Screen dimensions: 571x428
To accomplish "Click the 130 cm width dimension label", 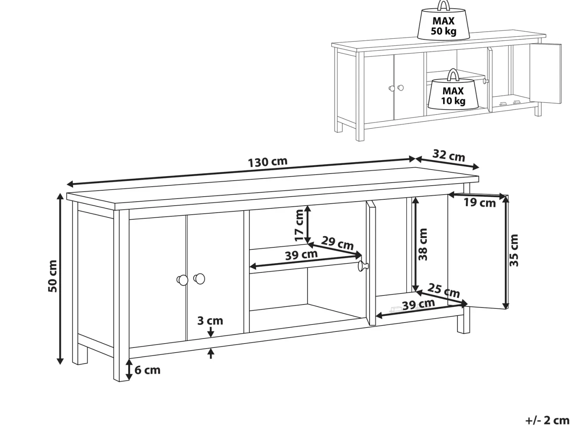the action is click(x=268, y=162).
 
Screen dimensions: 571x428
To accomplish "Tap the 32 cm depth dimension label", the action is click(x=449, y=156).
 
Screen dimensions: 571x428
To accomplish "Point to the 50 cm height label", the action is click(x=52, y=276).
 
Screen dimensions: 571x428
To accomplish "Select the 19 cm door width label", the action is click(x=480, y=203).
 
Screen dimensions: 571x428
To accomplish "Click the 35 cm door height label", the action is click(x=514, y=251).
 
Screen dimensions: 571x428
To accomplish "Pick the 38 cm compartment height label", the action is click(x=423, y=245).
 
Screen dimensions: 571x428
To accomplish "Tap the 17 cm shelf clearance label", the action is click(x=300, y=225).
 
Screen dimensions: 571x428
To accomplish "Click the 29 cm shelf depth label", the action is click(x=337, y=243).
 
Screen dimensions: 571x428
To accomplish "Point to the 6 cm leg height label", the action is click(x=147, y=370).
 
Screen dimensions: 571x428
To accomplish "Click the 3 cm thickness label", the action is click(x=210, y=321).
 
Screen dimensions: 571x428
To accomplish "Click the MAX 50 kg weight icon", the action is click(x=443, y=21).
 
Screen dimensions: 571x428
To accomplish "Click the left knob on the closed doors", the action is click(x=183, y=280).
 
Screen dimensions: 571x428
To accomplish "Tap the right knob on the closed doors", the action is click(x=199, y=279).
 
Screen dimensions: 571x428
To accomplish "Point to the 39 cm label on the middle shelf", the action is click(x=301, y=255).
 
